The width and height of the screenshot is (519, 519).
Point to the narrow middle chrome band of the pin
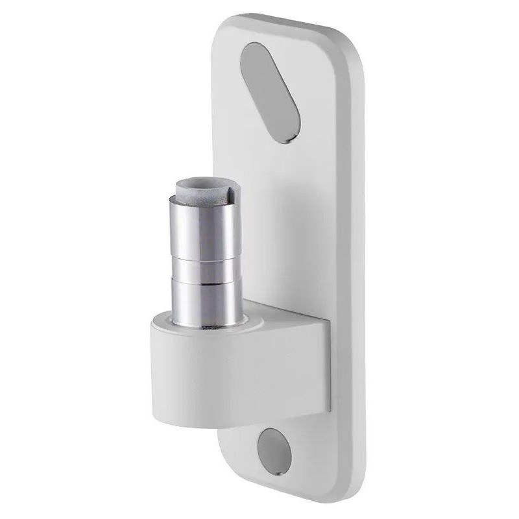pos(203,271)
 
